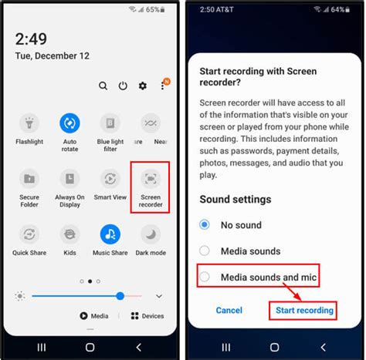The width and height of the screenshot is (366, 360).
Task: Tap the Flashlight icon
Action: (30, 123)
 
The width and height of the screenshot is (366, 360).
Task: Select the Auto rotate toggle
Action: (70, 123)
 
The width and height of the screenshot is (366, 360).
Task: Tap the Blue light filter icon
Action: (110, 123)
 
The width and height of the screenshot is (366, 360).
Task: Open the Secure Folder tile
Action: (30, 179)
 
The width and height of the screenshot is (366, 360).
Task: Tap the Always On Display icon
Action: (70, 179)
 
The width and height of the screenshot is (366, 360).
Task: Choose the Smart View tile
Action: (110, 179)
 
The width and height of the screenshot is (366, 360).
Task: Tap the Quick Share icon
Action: (30, 234)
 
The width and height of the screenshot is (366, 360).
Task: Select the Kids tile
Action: (70, 234)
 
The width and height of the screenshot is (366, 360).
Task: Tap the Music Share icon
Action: (110, 234)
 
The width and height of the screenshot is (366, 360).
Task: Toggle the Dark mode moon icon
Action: (151, 234)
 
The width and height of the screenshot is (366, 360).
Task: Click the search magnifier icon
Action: (103, 86)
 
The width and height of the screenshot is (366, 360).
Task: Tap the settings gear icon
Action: (142, 86)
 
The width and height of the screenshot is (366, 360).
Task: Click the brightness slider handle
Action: (120, 296)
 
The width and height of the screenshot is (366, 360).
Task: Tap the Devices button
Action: (147, 315)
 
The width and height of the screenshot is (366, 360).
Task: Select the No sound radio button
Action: (205, 224)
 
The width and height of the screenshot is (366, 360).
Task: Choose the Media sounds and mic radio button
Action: (205, 276)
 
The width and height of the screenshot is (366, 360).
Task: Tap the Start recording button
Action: (305, 310)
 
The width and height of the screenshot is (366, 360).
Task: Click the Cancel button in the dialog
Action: (229, 310)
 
